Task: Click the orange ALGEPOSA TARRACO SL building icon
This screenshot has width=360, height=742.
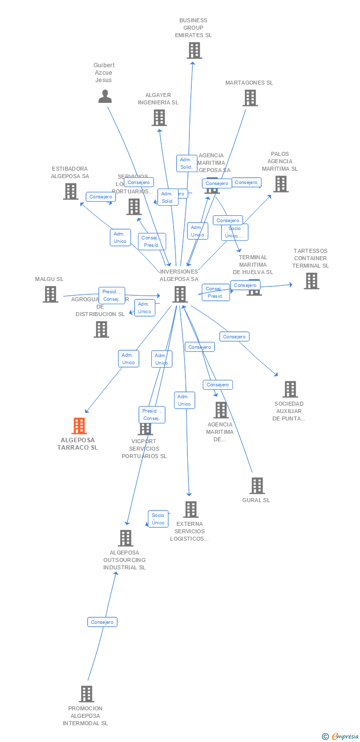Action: click(x=79, y=426)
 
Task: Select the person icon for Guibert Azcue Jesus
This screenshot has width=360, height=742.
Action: click(x=105, y=96)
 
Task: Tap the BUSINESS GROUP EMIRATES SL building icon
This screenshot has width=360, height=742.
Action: click(x=194, y=50)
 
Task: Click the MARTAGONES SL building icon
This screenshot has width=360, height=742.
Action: click(x=250, y=98)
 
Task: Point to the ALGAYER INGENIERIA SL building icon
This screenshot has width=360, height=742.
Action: click(x=159, y=118)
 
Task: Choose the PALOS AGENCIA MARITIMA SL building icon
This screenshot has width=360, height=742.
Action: click(x=281, y=184)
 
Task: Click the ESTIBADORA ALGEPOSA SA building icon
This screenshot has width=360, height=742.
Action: click(x=71, y=191)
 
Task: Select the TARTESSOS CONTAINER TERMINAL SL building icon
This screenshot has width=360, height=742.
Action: click(x=311, y=281)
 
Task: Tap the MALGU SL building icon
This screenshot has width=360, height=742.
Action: click(x=50, y=294)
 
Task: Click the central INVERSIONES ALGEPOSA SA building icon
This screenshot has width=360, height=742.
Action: click(x=180, y=294)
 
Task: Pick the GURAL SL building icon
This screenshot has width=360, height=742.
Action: click(x=257, y=486)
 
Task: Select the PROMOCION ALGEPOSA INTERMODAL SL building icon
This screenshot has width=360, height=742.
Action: click(x=87, y=694)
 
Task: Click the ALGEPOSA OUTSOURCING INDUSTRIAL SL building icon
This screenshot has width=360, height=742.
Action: click(x=126, y=538)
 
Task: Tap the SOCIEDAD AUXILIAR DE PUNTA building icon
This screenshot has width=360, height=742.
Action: click(x=290, y=389)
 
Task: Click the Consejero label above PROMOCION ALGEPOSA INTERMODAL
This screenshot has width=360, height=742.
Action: click(x=102, y=622)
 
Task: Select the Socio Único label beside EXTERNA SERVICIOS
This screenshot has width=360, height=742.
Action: click(x=158, y=519)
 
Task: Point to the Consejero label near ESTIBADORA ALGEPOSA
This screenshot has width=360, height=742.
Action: click(x=101, y=196)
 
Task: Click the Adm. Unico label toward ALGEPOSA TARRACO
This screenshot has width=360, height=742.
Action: click(x=129, y=359)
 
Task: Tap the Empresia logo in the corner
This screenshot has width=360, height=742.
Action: click(x=341, y=737)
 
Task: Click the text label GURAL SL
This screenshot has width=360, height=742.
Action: click(x=256, y=500)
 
